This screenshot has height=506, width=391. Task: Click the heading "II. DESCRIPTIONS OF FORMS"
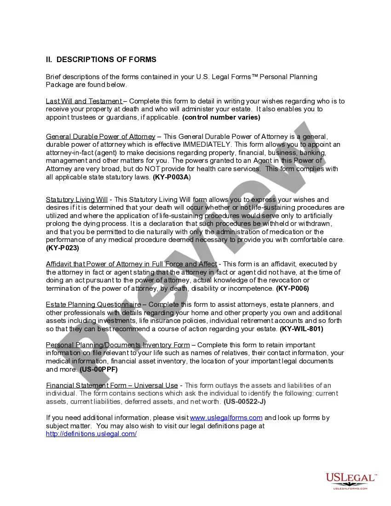click(101, 59)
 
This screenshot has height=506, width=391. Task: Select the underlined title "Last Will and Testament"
click(84, 101)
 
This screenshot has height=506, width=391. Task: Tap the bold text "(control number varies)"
click(221, 117)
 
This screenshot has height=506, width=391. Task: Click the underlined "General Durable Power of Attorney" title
click(100, 137)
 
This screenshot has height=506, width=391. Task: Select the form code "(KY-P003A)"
click(172, 177)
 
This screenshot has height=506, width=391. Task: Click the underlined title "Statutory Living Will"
click(77, 200)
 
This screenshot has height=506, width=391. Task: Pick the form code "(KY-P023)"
click(63, 248)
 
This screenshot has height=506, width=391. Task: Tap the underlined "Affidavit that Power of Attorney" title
click(131, 264)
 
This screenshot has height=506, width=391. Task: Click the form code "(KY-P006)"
click(293, 288)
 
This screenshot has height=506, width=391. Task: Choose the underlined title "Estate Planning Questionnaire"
click(93, 305)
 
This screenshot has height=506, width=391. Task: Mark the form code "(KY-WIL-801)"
click(301, 329)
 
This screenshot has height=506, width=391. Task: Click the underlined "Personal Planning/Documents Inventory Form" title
click(118, 345)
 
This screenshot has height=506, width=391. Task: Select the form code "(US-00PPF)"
click(98, 369)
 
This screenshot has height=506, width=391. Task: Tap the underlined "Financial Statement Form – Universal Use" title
click(112, 385)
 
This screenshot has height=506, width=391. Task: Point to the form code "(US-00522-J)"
click(245, 402)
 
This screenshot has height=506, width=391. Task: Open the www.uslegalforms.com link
click(226, 418)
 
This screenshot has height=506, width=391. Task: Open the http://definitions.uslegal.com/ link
click(91, 434)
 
